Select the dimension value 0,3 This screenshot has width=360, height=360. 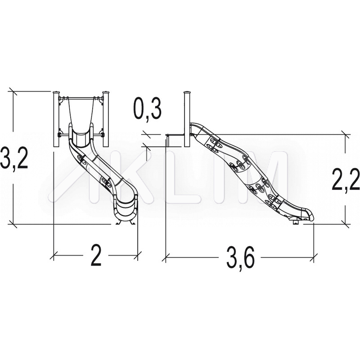point(148,109)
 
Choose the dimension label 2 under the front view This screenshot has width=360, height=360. point(96,255)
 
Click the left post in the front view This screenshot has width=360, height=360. point(56,119)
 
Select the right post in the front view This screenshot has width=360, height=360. point(106,119)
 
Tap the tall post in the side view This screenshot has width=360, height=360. point(187,119)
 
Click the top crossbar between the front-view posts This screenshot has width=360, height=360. point(81,98)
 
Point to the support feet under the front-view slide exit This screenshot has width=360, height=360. point(126,222)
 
